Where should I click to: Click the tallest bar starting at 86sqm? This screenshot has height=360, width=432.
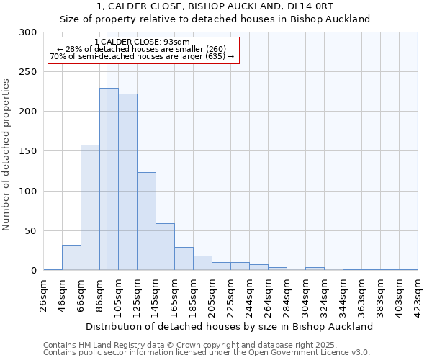(x=109, y=179)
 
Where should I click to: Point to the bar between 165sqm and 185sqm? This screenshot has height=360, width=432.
(x=184, y=258)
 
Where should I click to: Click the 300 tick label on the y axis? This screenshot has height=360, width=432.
(x=28, y=32)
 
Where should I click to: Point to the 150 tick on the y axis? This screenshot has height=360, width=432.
(x=28, y=152)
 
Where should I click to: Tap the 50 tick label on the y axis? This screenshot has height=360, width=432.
(x=31, y=231)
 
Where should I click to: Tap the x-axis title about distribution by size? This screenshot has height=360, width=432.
(x=230, y=326)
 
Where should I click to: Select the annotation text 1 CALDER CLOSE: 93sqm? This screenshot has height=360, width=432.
(x=142, y=42)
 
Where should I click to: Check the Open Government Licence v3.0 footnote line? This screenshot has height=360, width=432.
(x=207, y=352)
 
